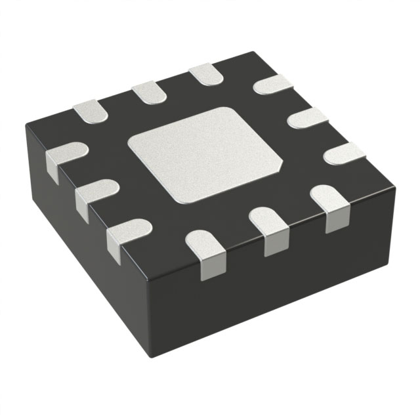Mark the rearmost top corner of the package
(253, 54)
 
